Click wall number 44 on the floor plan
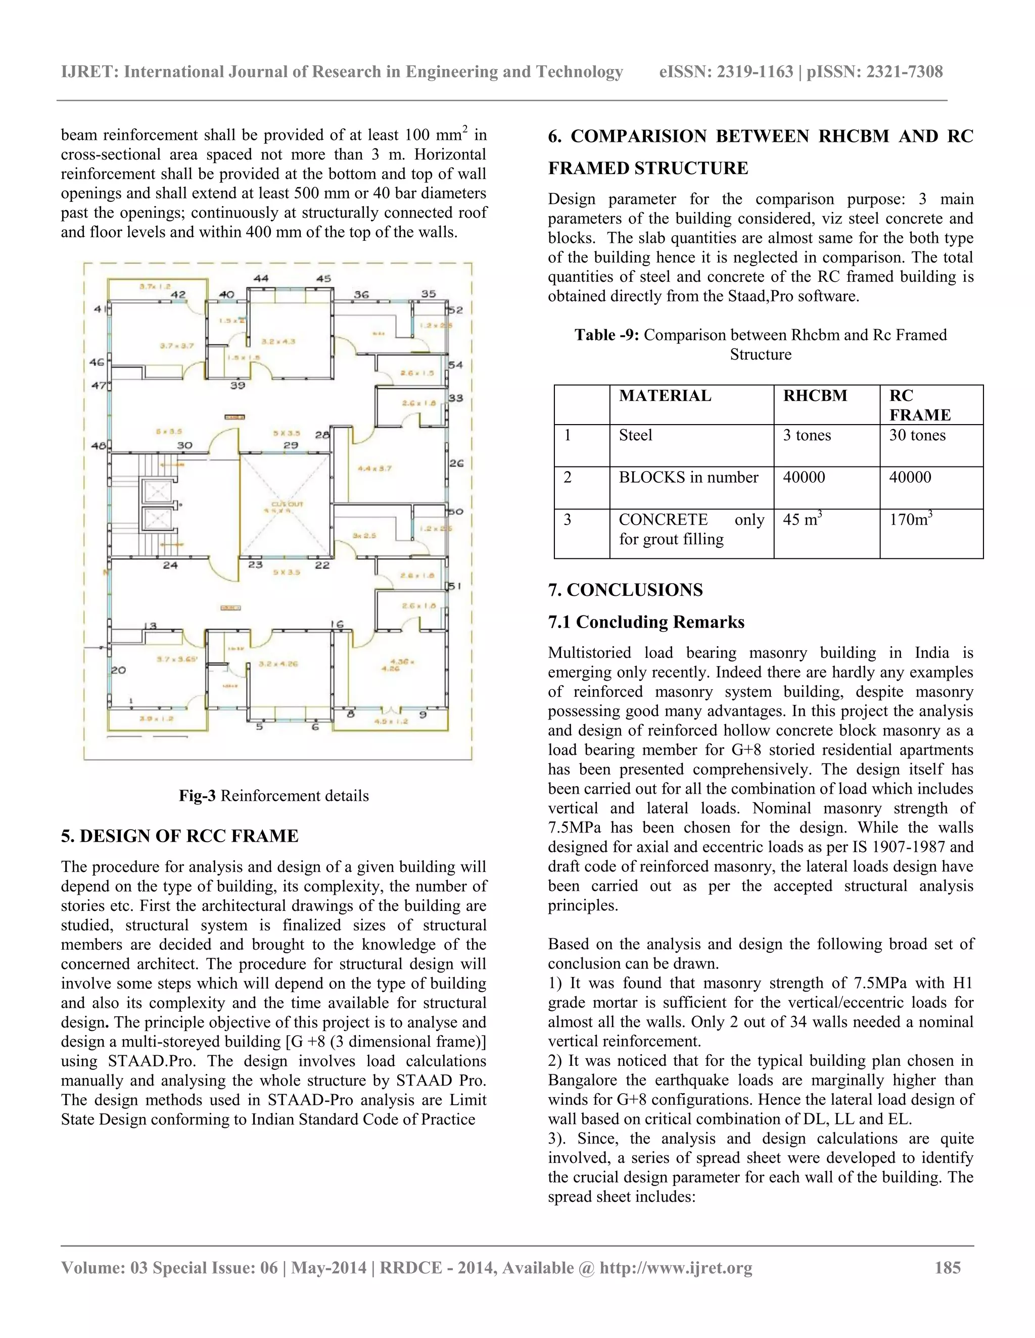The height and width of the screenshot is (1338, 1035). [261, 278]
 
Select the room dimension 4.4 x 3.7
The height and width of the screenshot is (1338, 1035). [374, 468]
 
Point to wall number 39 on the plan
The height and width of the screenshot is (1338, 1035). [238, 385]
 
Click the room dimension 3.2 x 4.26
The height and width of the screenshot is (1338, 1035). [278, 663]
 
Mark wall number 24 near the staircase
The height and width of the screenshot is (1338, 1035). [170, 565]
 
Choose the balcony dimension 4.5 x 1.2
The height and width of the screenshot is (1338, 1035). [391, 721]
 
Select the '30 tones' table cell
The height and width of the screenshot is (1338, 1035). [917, 436]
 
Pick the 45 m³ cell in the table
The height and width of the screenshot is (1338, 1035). [802, 520]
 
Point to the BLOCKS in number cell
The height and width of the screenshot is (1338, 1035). [688, 477]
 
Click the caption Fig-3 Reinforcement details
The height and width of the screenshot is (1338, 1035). [273, 796]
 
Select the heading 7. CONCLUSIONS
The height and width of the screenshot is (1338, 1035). [626, 590]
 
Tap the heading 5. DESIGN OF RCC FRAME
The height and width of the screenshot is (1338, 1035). [179, 836]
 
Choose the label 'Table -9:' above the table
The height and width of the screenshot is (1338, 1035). [606, 335]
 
